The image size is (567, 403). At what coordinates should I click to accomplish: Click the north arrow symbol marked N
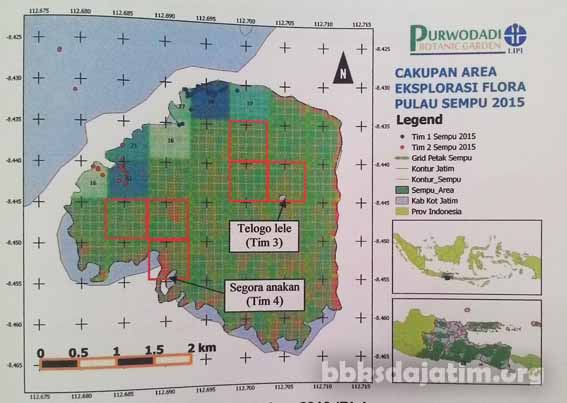(343, 73)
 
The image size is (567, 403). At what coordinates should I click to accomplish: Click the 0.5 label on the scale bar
(79, 353)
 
